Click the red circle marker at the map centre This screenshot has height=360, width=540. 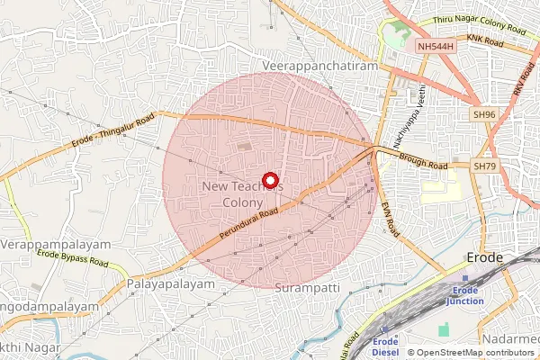tap(269, 178)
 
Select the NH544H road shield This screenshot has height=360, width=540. tap(436, 45)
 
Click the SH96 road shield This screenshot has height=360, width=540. tap(484, 114)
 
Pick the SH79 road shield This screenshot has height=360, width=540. tap(484, 166)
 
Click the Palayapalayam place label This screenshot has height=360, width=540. tap(172, 283)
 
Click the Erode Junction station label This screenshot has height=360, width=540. tap(466, 295)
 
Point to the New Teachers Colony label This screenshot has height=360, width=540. tap(243, 194)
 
